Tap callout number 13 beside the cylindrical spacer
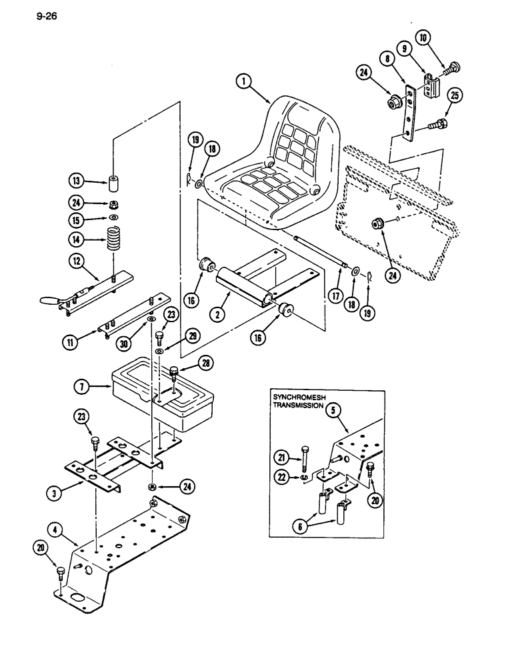coord(78,180)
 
